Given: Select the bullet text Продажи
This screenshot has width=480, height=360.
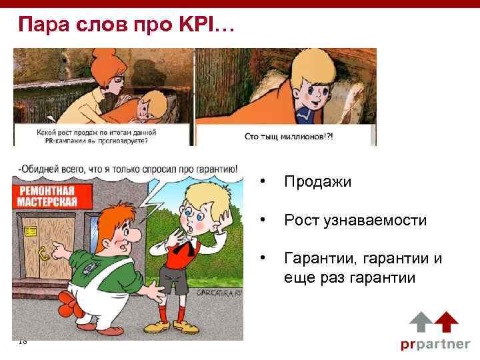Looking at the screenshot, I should tap(317, 182).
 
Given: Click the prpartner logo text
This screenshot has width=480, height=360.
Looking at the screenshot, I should tap(435, 345).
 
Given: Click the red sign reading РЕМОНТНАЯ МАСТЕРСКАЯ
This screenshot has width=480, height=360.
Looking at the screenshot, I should tap(48, 198).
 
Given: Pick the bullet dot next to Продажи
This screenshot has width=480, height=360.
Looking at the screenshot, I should tap(265, 182).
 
